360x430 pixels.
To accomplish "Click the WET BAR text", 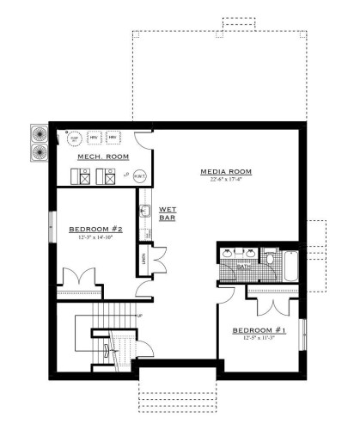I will [x=167, y=213].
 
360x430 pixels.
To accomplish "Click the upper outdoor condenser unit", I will [x=40, y=135].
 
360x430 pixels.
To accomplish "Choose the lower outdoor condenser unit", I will [x=40, y=153].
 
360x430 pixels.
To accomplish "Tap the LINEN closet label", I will [x=143, y=258].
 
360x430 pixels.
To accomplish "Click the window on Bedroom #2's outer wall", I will [x=52, y=234].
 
